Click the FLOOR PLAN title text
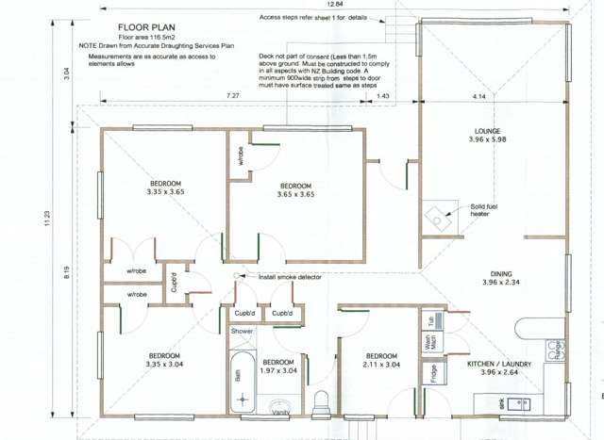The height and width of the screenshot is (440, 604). (145, 28)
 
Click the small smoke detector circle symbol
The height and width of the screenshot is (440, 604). (236, 275)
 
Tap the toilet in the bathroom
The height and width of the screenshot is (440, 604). (322, 399)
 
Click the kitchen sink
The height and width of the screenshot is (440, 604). (516, 404)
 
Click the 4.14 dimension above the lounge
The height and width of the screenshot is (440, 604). (479, 97)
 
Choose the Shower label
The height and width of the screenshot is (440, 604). (242, 332)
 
